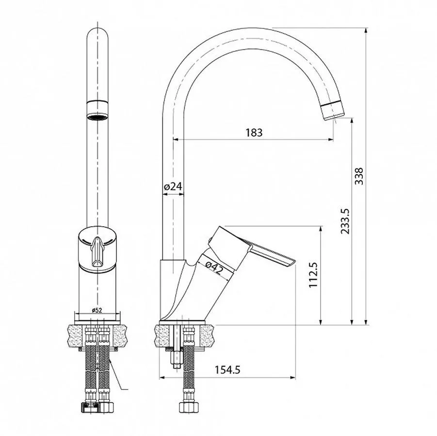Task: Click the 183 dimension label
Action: coord(254,132)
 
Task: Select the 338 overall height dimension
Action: coord(359,177)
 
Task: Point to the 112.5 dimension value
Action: coord(313,275)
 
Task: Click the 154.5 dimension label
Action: coord(228,370)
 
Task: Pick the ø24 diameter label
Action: coord(172,186)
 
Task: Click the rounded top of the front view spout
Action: coord(97,34)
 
